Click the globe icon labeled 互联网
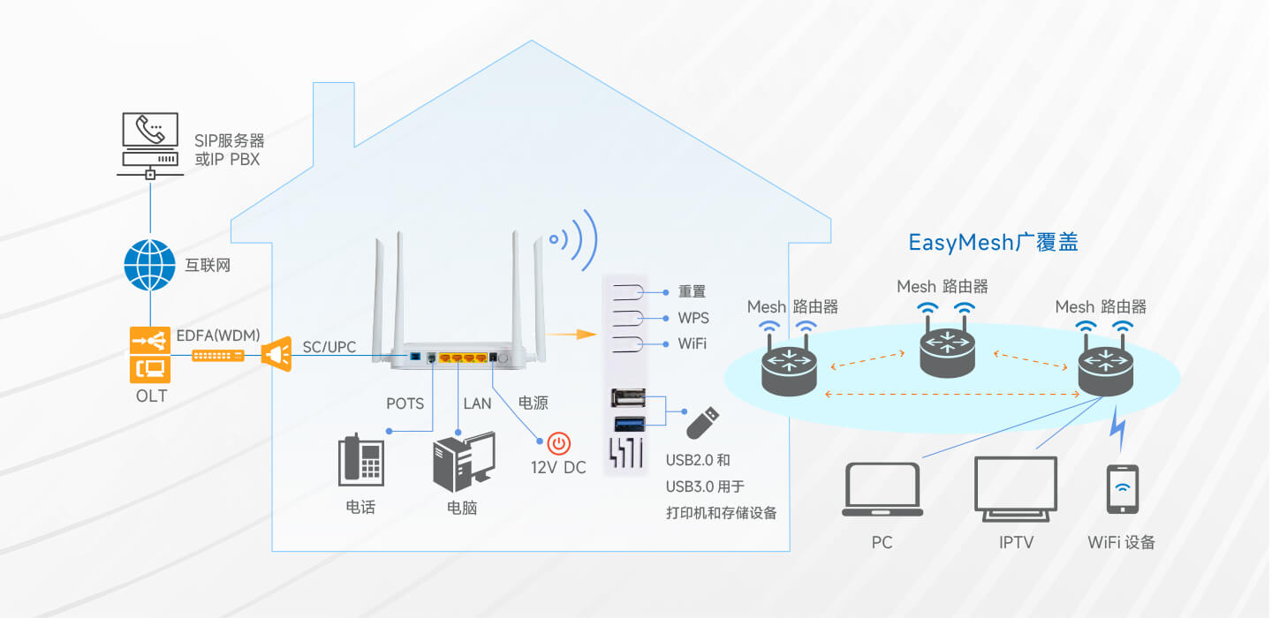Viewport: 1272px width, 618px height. (x=150, y=265)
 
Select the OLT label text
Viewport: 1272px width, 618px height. (x=151, y=396)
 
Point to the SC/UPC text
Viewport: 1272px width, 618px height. (x=329, y=347)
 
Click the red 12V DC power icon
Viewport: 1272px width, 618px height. (x=558, y=442)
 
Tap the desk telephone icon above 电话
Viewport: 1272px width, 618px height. (x=360, y=461)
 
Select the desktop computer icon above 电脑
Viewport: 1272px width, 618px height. (x=462, y=462)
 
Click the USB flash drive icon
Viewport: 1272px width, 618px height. (x=703, y=422)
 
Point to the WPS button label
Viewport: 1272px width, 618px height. (x=693, y=318)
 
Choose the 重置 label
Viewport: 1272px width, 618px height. (x=692, y=291)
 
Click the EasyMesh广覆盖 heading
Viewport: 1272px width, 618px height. (x=993, y=242)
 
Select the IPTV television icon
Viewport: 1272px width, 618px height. (x=1015, y=488)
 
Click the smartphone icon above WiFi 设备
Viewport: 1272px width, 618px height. (x=1122, y=489)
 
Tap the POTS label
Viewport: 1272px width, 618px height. (x=405, y=403)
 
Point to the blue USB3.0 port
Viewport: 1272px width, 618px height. (x=628, y=423)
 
